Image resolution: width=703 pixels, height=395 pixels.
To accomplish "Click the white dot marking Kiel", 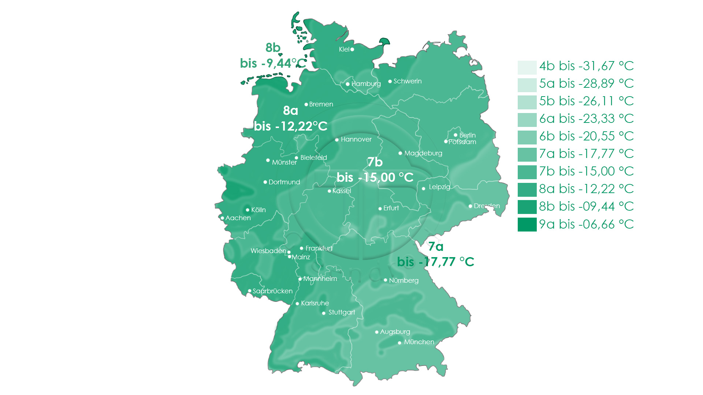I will tap(352, 49).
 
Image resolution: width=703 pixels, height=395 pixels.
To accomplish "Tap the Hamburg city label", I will tap(366, 84).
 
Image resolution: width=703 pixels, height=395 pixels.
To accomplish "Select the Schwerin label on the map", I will tap(407, 81).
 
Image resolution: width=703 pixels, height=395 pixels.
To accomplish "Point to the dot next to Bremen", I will tap(306, 105).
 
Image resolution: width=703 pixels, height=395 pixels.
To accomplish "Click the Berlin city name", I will tap(467, 135).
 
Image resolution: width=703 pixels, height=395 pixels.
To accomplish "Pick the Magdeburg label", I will tap(423, 153).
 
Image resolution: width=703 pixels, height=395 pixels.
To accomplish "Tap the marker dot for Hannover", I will tap(337, 140).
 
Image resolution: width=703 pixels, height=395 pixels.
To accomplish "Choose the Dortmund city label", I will tap(284, 182).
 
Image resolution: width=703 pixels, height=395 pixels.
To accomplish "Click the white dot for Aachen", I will tap(222, 218).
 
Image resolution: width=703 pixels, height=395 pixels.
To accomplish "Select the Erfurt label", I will tap(391, 208).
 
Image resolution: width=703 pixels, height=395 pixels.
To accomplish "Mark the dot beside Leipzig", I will tap(424, 189).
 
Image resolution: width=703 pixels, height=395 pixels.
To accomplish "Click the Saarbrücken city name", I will tap(272, 291).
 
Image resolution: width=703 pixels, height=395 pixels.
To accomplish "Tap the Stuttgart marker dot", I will tap(324, 313).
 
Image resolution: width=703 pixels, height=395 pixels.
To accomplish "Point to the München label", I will tap(419, 342).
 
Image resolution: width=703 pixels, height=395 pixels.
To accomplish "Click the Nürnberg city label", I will tap(403, 281).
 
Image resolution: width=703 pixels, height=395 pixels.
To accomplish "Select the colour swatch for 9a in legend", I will tap(527, 224).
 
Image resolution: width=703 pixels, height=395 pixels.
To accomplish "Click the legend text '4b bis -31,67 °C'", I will tap(586, 66).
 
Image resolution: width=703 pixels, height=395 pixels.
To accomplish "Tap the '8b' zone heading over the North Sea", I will tap(273, 48).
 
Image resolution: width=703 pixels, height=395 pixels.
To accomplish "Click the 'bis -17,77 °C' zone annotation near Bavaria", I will tap(435, 262).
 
